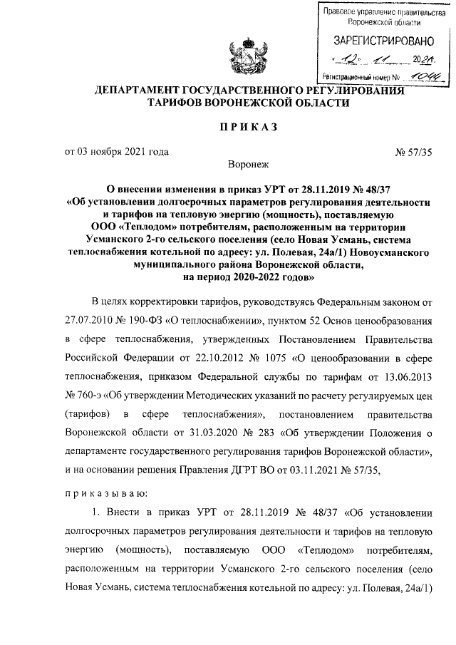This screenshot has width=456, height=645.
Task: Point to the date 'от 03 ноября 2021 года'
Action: (117, 151)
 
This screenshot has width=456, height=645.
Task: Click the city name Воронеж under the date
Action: (247, 165)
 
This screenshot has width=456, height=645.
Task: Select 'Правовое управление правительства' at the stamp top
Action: (378, 12)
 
